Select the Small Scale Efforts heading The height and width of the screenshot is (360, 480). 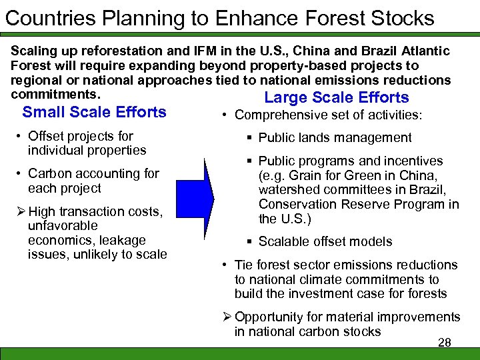click(x=95, y=112)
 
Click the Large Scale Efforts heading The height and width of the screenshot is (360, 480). click(x=337, y=98)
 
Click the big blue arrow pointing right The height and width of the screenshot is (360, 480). click(x=204, y=193)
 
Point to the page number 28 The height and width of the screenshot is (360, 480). click(x=445, y=343)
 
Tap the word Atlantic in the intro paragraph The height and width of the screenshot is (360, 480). click(x=425, y=51)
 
